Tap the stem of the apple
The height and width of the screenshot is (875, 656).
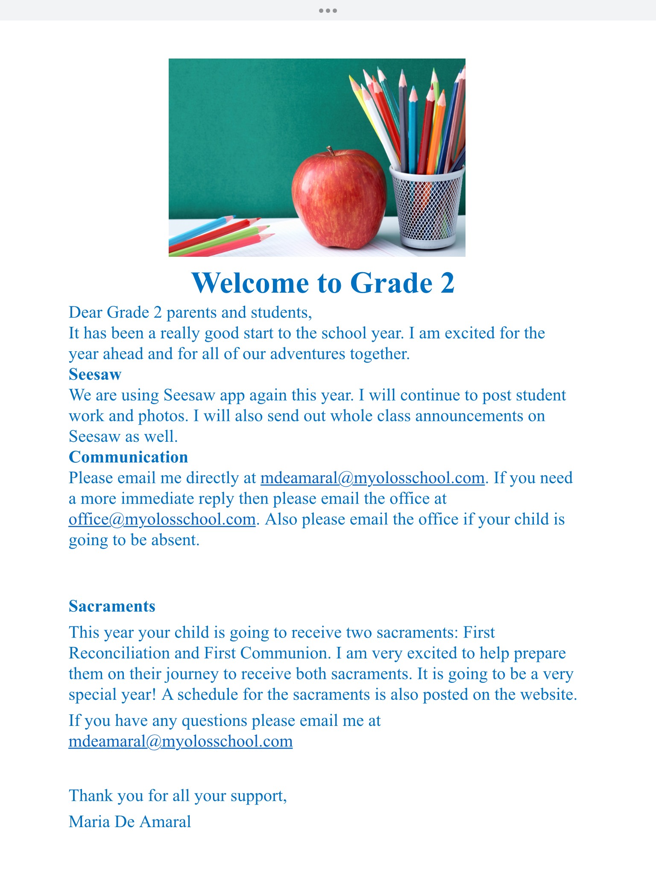click(330, 150)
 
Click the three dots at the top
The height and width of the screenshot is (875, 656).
click(328, 11)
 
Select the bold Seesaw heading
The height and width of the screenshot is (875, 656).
click(95, 375)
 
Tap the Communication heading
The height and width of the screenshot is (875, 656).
click(128, 457)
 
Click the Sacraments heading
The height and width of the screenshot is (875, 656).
click(112, 606)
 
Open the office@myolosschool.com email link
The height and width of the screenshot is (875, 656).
click(162, 520)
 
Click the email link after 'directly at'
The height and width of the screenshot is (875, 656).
click(372, 478)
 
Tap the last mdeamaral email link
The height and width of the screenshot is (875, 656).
click(181, 741)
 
